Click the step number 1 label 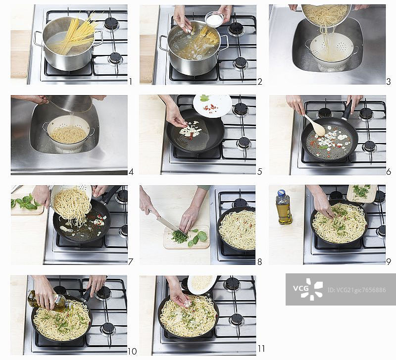pos(131,82)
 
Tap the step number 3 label pos(389,82)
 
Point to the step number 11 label pos(261,349)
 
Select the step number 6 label pos(389,172)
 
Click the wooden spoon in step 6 pos(315,125)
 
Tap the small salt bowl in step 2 pos(214,19)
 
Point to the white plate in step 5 pos(213,105)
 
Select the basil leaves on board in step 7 pos(25,202)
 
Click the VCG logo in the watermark pos(308,289)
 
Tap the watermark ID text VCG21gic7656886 pos(356,290)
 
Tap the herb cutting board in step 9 pos(362,193)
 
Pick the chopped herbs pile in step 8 pos(180,238)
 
